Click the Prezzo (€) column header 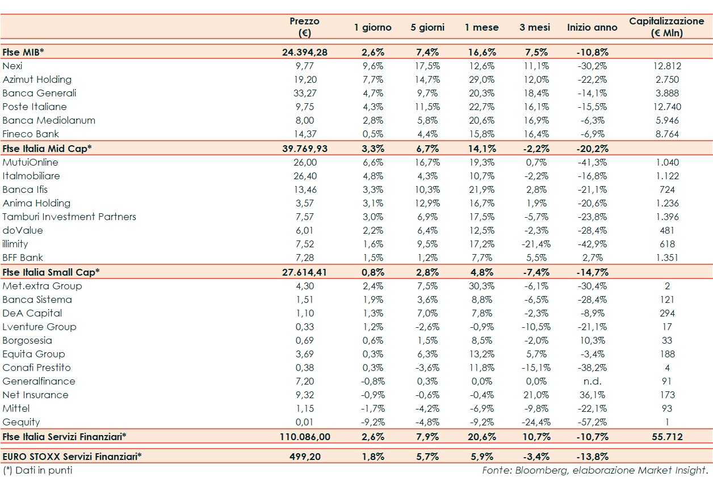point(304,27)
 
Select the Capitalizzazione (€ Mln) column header point(666,27)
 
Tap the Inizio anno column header point(592,27)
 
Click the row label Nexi point(12,66)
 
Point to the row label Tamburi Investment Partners point(69,217)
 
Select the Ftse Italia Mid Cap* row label point(47,149)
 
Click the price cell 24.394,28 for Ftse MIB point(304,52)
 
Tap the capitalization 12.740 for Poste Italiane point(666,107)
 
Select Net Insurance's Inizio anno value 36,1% point(592,395)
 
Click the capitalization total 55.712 point(666,437)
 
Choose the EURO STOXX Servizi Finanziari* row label point(72,455)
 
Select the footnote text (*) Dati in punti point(37,470)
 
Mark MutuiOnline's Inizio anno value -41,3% point(592,162)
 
